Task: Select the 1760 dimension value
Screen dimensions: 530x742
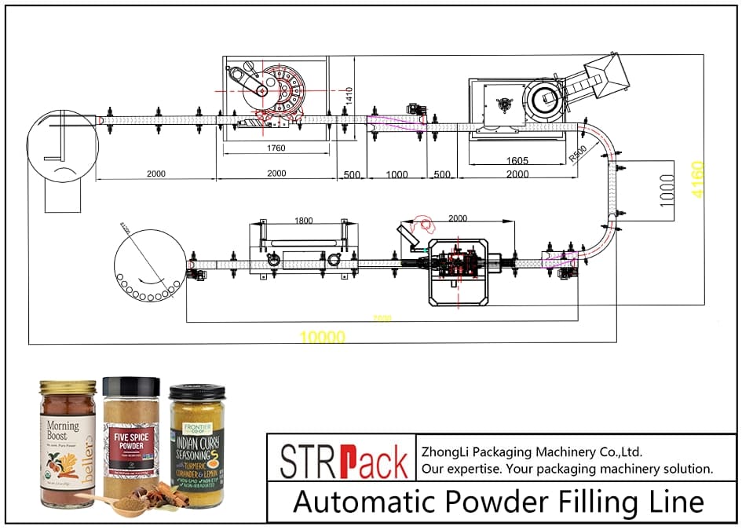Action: coord(275,148)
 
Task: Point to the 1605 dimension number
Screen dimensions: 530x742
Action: coord(517,161)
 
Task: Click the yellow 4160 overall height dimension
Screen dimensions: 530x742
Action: coord(697,180)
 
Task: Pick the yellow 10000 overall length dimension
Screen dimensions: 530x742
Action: coord(322,337)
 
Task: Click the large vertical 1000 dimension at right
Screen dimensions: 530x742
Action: coord(667,190)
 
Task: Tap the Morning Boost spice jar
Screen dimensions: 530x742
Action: coord(68,444)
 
